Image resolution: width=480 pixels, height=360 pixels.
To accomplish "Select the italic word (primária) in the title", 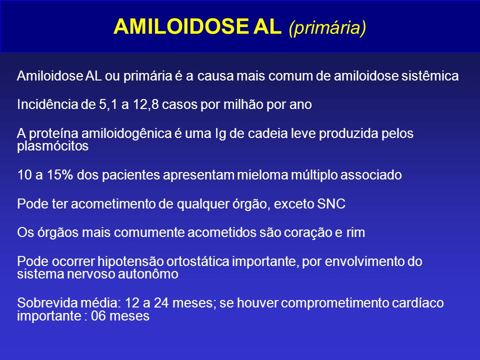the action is (x=327, y=28).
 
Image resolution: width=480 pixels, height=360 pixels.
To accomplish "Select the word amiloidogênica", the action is (x=126, y=134).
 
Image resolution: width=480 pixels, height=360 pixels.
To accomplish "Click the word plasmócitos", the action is (x=52, y=146).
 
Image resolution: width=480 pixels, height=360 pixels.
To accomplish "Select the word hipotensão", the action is (x=130, y=261).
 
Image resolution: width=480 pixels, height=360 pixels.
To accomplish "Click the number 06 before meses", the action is (x=98, y=316).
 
